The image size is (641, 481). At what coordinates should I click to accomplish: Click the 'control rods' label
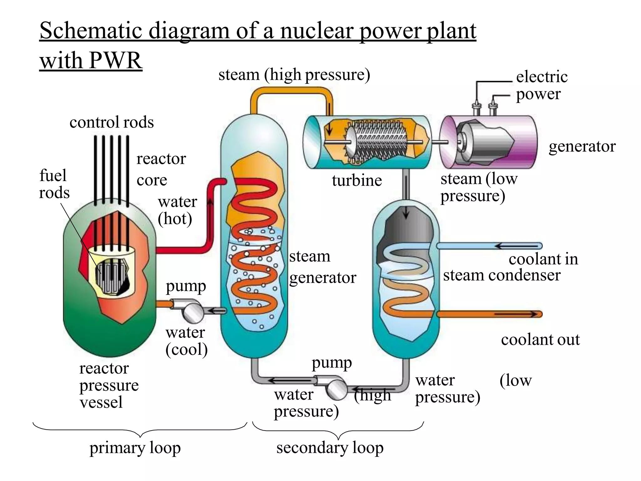(111, 122)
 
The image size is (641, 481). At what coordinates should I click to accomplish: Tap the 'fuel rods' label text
(54, 184)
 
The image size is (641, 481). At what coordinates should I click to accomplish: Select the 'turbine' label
(357, 180)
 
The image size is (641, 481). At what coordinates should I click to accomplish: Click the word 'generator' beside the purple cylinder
(582, 146)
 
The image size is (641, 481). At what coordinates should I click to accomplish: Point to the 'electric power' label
(541, 85)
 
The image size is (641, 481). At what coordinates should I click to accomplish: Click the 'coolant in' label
(543, 259)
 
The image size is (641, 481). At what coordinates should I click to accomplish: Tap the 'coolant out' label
(540, 339)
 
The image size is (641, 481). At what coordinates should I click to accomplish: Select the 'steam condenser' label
(501, 275)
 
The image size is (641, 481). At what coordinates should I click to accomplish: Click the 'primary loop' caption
(135, 448)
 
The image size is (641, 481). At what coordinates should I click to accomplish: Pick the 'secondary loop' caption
(330, 447)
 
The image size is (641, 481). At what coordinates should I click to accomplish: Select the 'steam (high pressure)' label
(294, 75)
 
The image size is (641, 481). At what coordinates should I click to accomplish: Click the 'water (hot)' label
(177, 210)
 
